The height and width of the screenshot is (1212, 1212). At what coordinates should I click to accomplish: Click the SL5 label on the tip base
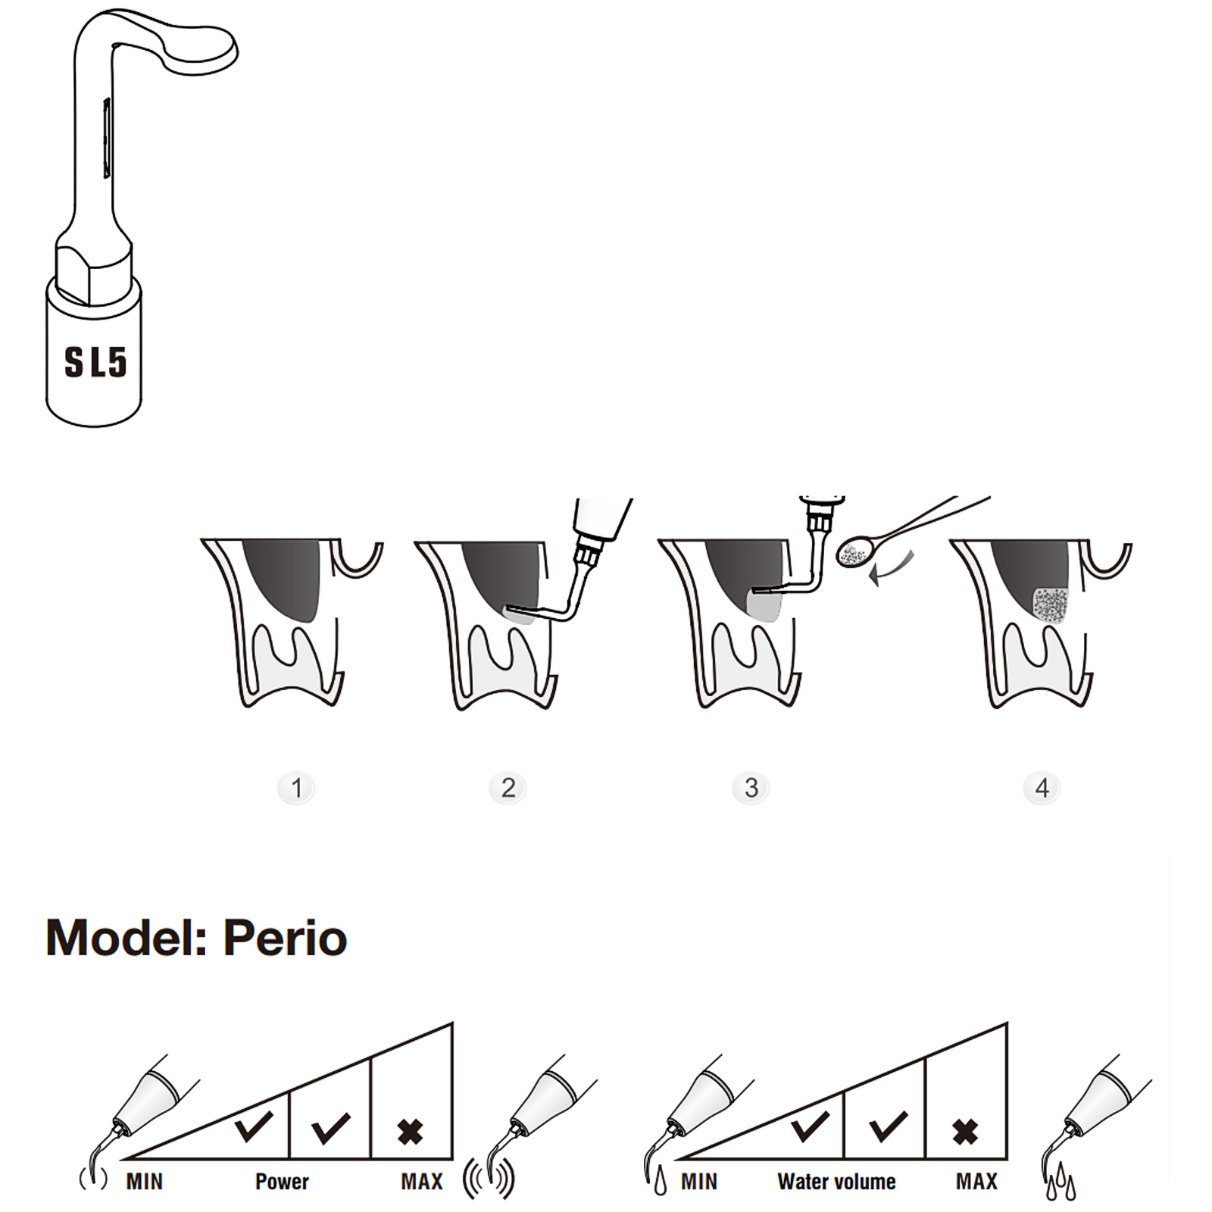pyautogui.click(x=95, y=362)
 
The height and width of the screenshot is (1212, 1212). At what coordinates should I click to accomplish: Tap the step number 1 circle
pyautogui.click(x=296, y=788)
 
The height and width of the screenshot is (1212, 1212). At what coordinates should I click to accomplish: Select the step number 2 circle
pyautogui.click(x=508, y=788)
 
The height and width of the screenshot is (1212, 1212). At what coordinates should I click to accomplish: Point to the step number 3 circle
pyautogui.click(x=751, y=788)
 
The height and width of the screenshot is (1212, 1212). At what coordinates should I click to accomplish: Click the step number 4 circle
pyautogui.click(x=1042, y=788)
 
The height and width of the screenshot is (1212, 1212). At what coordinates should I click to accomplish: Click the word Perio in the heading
pyautogui.click(x=285, y=938)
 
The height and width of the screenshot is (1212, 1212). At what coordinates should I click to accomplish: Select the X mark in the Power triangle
pyautogui.click(x=411, y=1132)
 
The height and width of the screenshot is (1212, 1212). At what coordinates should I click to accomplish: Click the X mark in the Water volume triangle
pyautogui.click(x=965, y=1132)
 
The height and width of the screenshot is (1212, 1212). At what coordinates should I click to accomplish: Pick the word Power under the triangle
pyautogui.click(x=282, y=1182)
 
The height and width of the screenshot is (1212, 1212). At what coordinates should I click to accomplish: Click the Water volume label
pyautogui.click(x=836, y=1182)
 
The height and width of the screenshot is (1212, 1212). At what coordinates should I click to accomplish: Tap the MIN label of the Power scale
pyautogui.click(x=145, y=1182)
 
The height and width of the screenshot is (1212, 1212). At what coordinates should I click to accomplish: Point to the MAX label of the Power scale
pyautogui.click(x=422, y=1182)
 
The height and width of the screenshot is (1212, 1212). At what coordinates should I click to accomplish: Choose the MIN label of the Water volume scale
pyautogui.click(x=699, y=1182)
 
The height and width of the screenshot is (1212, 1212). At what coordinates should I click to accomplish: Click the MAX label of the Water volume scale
pyautogui.click(x=976, y=1182)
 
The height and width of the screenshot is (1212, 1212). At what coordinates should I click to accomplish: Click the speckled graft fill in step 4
pyautogui.click(x=1050, y=604)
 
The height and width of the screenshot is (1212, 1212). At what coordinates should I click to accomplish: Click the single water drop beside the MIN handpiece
pyautogui.click(x=661, y=1182)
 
